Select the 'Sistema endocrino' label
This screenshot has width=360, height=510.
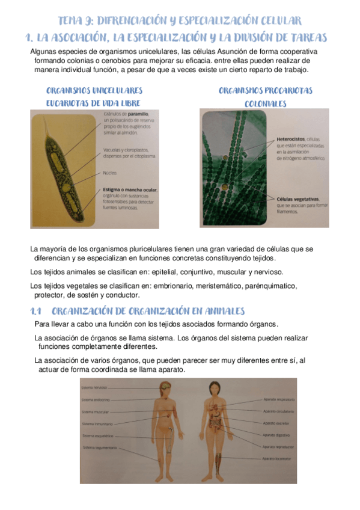coord(94,399)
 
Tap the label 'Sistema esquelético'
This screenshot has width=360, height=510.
coord(97,435)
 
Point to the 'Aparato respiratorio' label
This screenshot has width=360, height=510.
coord(279,399)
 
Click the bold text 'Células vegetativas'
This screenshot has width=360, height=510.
coord(298,198)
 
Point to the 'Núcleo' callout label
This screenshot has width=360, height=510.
coord(109,172)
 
